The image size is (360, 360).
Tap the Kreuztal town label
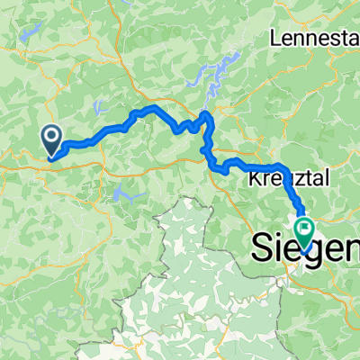[283, 179]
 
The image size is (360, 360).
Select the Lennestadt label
[316, 39]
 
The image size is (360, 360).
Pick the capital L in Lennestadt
[275, 39]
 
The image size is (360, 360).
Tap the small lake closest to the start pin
[95, 110]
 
